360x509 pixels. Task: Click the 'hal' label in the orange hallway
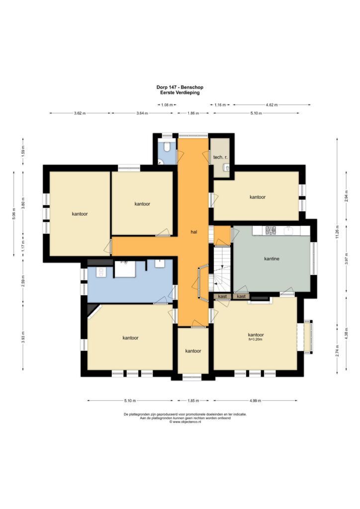(x=193, y=232)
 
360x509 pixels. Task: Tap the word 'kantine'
(x=271, y=259)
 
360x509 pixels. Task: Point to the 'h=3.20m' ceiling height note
(x=256, y=340)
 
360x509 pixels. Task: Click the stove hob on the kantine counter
(x=270, y=230)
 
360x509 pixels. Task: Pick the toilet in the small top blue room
(x=168, y=147)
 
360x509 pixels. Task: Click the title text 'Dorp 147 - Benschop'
(x=180, y=87)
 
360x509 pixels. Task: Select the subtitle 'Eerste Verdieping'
(x=180, y=92)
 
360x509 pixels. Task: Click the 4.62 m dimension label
(x=271, y=105)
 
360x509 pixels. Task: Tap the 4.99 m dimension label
(x=256, y=400)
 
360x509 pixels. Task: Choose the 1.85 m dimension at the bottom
(x=193, y=400)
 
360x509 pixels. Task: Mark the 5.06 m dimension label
(x=14, y=213)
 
